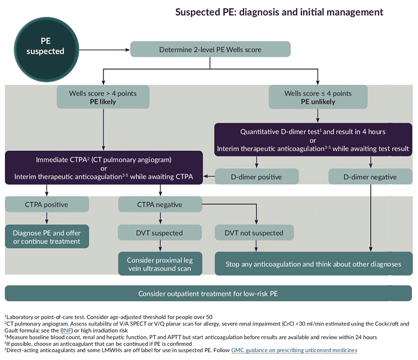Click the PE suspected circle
click(45, 47)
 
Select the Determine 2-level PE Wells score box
click(210, 50)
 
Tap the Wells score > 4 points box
click(103, 97)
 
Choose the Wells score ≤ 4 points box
click(318, 97)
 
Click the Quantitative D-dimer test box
click(313, 140)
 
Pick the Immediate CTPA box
click(104, 168)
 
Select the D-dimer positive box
click(257, 177)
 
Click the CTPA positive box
click(47, 205)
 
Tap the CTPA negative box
click(160, 205)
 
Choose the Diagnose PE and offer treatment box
click(47, 237)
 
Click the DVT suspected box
click(160, 233)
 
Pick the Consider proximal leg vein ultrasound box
click(160, 264)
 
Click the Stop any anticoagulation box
click(313, 264)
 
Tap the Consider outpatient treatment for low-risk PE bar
click(208, 293)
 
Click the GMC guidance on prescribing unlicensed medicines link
click(294, 350)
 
